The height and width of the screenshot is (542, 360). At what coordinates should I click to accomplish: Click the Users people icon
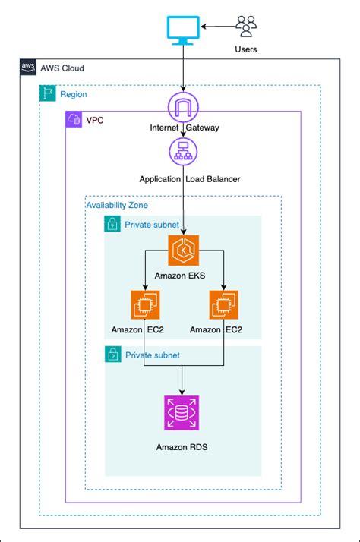[246, 27]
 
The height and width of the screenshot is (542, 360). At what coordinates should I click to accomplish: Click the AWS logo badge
[28, 68]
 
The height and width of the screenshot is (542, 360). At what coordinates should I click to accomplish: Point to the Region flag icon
[47, 94]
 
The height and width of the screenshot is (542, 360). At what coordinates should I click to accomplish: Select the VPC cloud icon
[74, 120]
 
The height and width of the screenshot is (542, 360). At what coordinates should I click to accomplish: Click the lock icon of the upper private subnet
[112, 225]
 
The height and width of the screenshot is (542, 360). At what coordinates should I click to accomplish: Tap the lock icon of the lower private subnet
[112, 355]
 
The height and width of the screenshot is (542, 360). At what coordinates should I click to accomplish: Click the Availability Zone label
[117, 205]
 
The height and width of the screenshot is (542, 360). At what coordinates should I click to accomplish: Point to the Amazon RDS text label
[182, 448]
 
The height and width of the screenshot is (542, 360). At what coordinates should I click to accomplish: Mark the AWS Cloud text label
[62, 68]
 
